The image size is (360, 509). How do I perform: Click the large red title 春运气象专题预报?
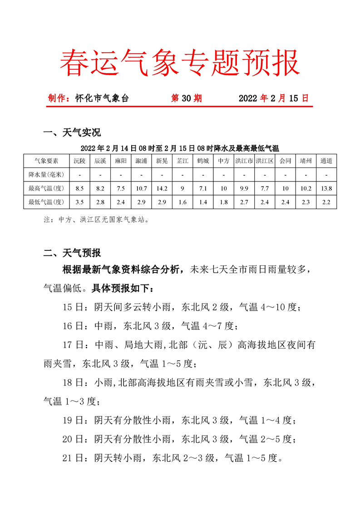point(180,62)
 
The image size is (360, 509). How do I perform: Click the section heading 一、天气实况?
point(71,132)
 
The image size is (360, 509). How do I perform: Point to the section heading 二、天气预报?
point(71,253)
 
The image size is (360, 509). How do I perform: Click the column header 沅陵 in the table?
point(80,161)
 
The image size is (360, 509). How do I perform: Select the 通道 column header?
point(326,161)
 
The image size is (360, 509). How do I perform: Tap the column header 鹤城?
point(203,161)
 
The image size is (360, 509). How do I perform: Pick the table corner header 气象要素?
point(46,161)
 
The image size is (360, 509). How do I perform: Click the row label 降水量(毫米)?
point(46,174)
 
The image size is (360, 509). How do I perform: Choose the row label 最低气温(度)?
point(46,202)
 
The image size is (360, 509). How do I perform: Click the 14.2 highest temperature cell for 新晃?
point(162,188)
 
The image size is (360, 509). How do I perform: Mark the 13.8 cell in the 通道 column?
point(326,188)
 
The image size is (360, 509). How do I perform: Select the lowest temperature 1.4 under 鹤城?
point(203,202)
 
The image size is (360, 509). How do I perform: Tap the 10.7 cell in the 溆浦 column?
point(141,188)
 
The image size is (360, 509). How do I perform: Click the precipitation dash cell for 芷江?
point(182,174)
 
